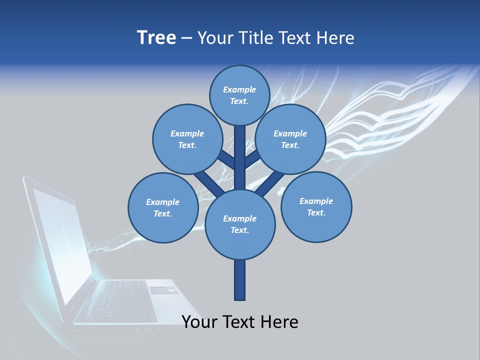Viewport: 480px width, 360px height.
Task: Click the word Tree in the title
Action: (x=156, y=37)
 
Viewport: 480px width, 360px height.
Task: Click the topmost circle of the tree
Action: (x=239, y=95)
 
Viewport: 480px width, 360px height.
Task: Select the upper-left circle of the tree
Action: (x=187, y=139)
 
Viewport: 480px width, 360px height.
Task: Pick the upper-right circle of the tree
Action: (x=290, y=139)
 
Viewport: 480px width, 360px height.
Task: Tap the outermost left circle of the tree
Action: (x=163, y=207)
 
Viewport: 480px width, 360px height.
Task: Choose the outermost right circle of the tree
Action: (x=316, y=206)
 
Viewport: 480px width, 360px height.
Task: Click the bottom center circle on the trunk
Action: (x=239, y=224)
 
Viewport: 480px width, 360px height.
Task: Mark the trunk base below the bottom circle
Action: (x=239, y=280)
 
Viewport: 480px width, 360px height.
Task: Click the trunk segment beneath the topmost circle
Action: (x=239, y=155)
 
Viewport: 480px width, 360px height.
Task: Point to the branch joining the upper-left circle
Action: (x=226, y=160)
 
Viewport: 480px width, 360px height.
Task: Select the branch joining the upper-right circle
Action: (x=252, y=160)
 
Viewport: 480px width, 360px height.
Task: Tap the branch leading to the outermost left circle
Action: (x=207, y=183)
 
